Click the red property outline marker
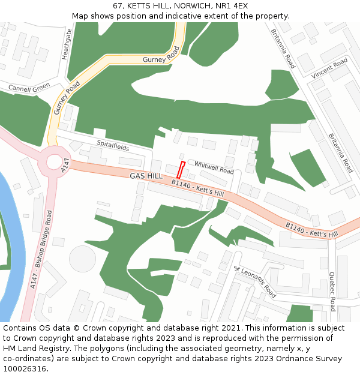[x=181, y=169]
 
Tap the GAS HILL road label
[x=146, y=176]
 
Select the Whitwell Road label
[x=214, y=167]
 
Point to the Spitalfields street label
[x=113, y=145]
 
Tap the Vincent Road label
[x=329, y=67]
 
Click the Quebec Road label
[x=332, y=292]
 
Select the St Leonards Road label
[x=255, y=282]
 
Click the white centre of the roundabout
[x=54, y=162]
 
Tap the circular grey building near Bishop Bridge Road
[x=82, y=258]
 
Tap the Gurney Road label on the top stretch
[x=161, y=56]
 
